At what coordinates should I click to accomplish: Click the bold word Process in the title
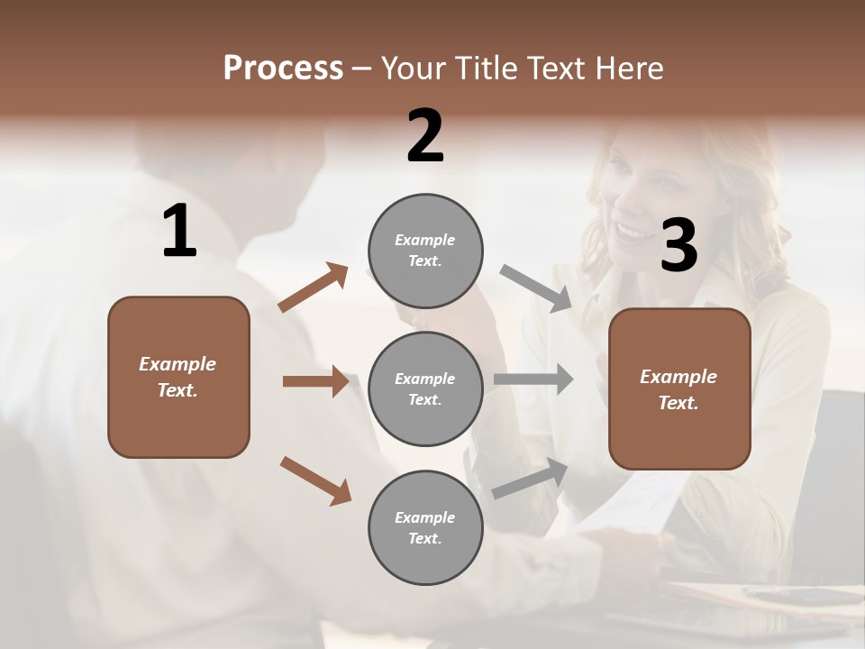[x=283, y=69]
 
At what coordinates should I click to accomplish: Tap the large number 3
[x=678, y=245]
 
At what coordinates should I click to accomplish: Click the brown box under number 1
[x=178, y=377]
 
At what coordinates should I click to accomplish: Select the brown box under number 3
[x=679, y=388]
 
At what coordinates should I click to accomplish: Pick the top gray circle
[x=425, y=251]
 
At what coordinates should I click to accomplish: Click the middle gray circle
[x=425, y=388]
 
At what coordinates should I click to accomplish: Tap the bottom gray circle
[x=425, y=527]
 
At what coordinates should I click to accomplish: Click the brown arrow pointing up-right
[x=314, y=288]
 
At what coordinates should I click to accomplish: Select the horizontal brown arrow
[x=315, y=381]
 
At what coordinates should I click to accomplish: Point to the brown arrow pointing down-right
[x=315, y=480]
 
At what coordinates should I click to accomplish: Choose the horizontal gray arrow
[x=533, y=379]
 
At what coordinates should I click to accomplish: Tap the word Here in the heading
[x=629, y=69]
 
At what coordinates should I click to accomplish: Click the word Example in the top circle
[x=424, y=240]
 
